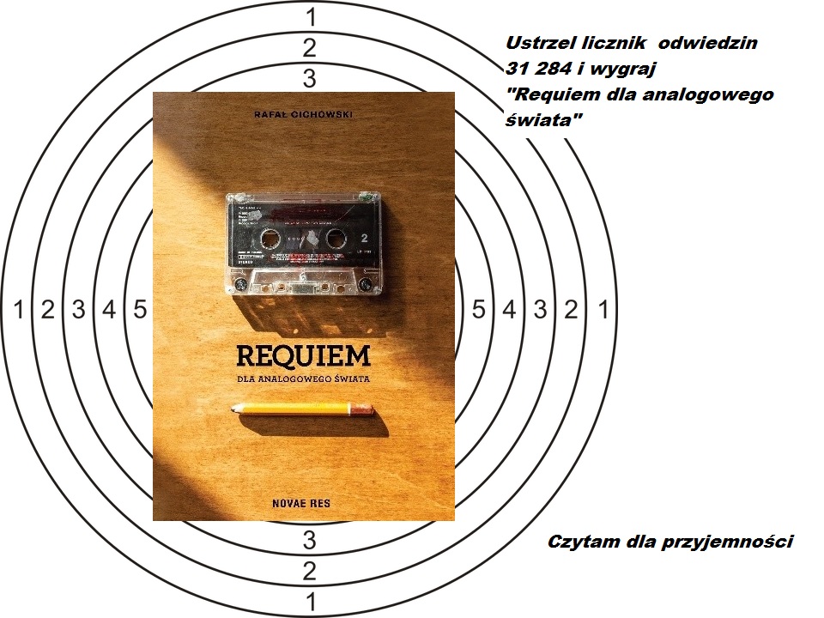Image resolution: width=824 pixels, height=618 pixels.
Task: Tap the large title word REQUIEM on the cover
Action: (x=304, y=355)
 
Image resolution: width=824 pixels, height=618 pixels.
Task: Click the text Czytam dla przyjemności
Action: (x=669, y=542)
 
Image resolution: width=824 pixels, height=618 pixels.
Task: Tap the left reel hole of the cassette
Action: (x=270, y=236)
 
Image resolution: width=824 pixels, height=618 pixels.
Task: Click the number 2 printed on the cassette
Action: (x=365, y=236)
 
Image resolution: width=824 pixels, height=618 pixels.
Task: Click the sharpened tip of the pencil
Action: (x=233, y=409)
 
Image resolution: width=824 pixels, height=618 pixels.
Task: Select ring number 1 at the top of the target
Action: (x=311, y=15)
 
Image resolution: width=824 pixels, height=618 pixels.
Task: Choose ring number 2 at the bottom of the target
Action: (x=310, y=571)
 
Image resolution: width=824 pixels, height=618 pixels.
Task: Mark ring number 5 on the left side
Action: (x=140, y=310)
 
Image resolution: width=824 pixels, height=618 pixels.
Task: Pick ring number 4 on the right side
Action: (x=509, y=310)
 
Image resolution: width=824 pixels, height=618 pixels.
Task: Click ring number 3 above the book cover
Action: (x=310, y=79)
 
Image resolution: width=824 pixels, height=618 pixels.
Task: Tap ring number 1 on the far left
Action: (x=18, y=310)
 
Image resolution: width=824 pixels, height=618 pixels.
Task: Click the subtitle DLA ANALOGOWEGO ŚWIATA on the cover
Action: (x=304, y=379)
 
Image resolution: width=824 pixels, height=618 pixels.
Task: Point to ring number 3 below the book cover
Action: (x=310, y=540)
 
